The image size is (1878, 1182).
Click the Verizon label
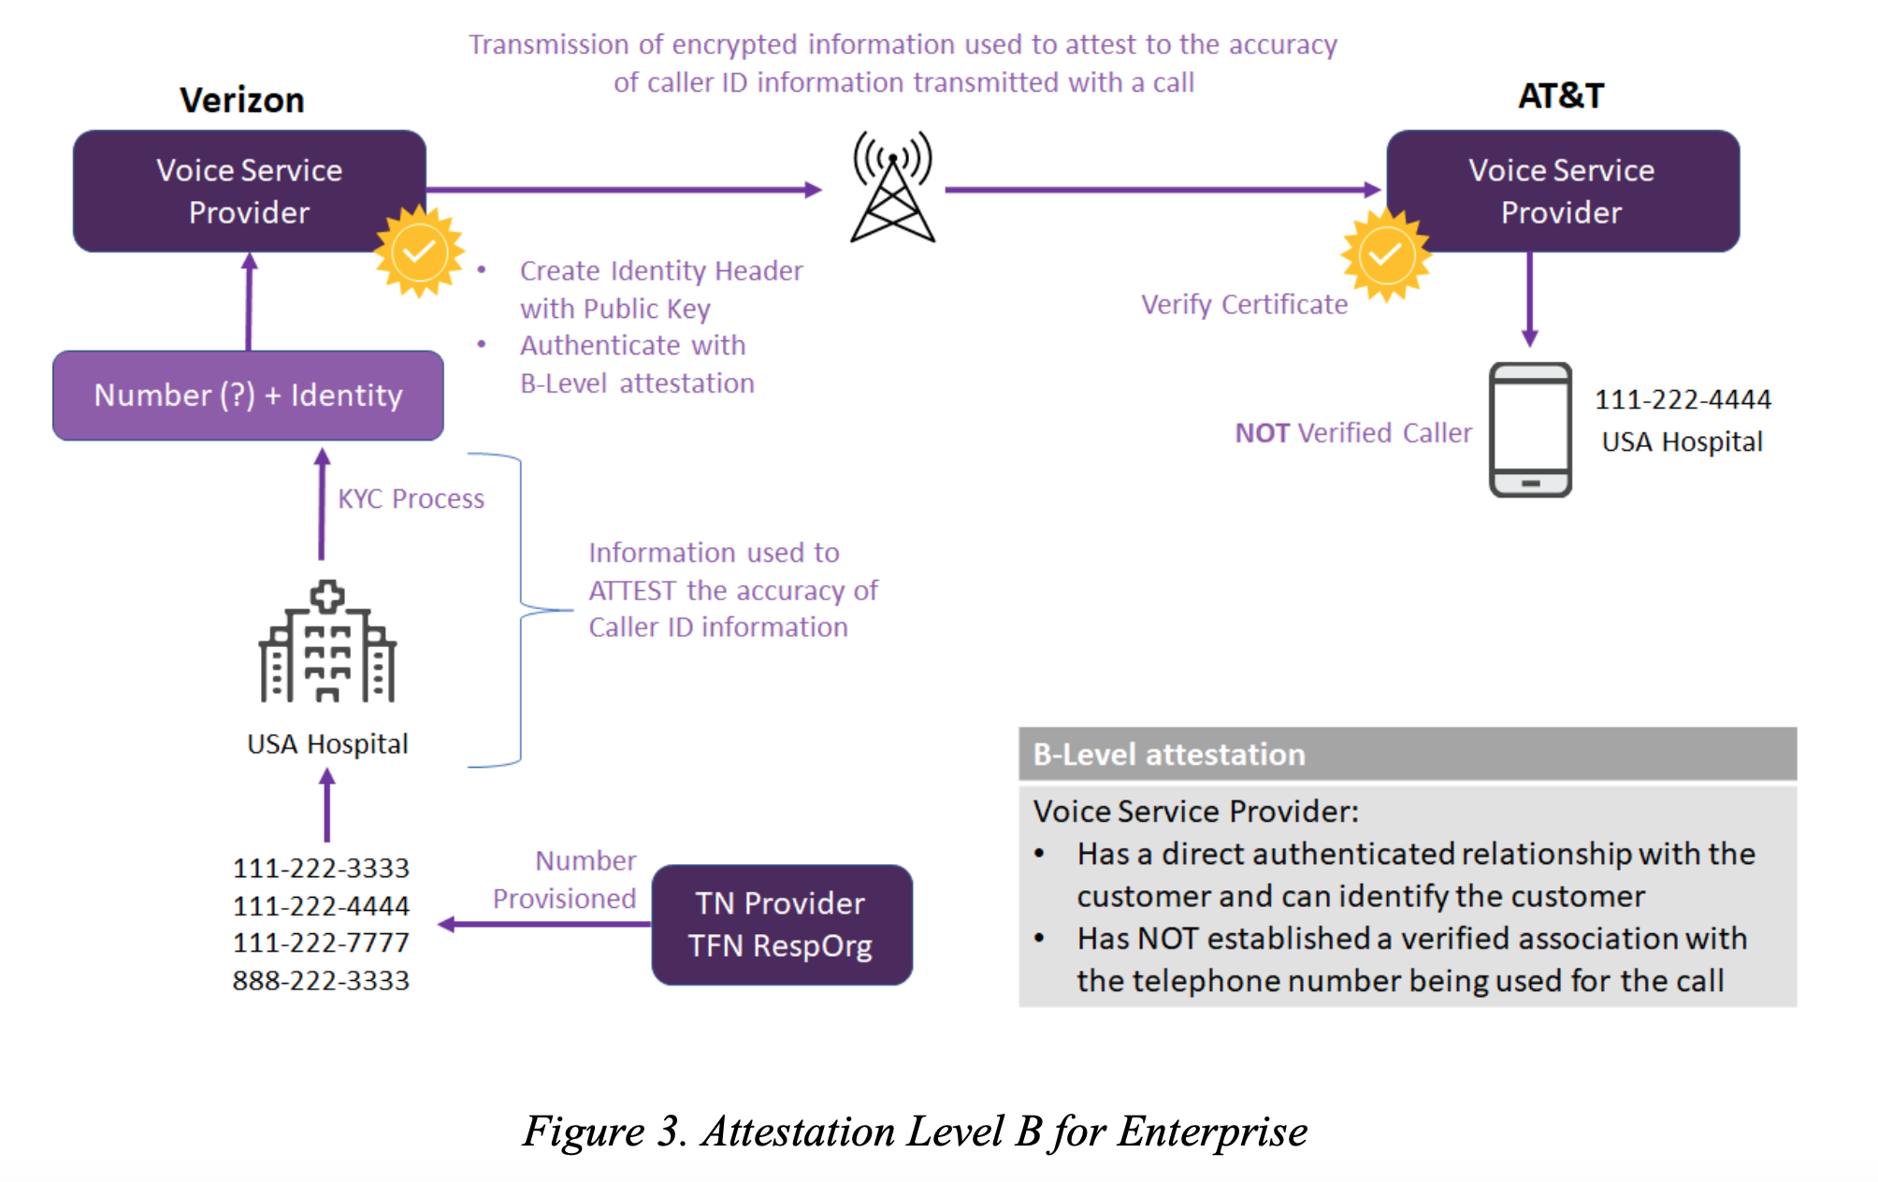tap(242, 100)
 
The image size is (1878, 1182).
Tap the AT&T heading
tap(1561, 95)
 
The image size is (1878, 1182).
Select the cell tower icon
tap(892, 186)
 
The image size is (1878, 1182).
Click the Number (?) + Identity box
tap(248, 396)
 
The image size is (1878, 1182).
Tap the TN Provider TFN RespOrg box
tap(782, 925)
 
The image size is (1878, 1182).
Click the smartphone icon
tap(1530, 430)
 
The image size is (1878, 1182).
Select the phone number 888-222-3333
tap(321, 981)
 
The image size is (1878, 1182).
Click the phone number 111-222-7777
tap(321, 943)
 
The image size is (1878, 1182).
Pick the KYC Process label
tap(412, 499)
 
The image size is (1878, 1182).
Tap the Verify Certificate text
tap(1245, 305)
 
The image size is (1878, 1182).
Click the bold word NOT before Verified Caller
tap(1263, 433)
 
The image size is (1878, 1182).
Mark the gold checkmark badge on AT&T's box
tap(1386, 254)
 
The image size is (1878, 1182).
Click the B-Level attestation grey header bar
tap(1408, 754)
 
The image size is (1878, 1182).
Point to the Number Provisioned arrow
tap(544, 925)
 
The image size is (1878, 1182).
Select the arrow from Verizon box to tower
tap(624, 190)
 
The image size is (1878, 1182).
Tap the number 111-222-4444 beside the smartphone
tap(1683, 399)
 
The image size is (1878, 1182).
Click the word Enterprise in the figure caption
tap(1212, 1132)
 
